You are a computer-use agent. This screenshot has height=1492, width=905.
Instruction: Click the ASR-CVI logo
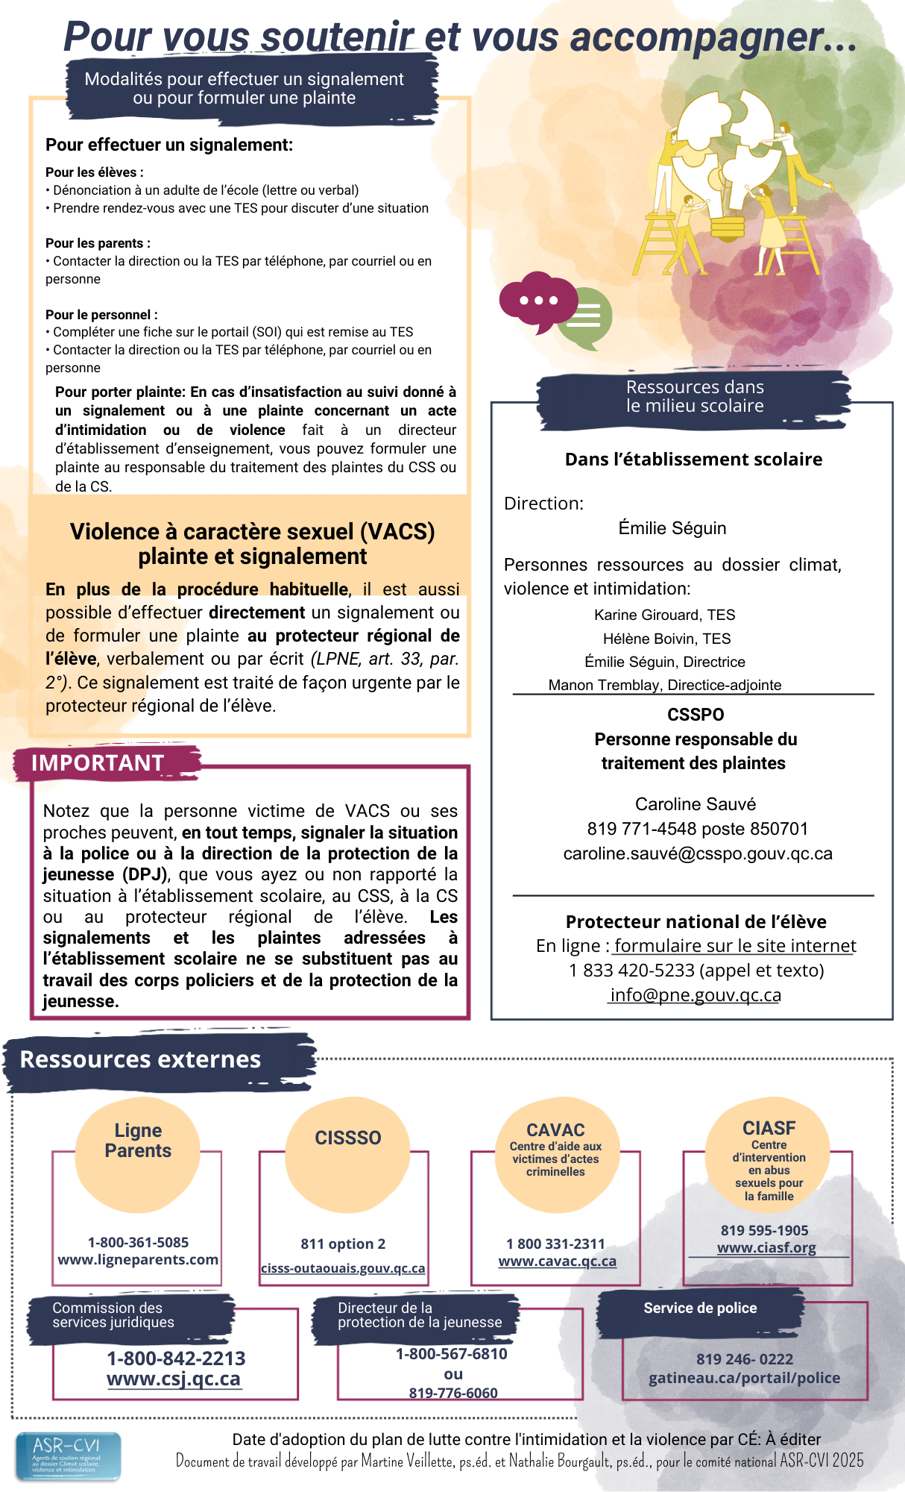(68, 1455)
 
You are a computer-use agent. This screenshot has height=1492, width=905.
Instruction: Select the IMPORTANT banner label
(98, 763)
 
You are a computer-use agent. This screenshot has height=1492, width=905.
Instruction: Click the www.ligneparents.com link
(138, 1260)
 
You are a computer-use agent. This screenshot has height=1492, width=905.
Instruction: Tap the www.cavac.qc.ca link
(557, 1261)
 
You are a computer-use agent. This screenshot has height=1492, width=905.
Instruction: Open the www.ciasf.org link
(766, 1248)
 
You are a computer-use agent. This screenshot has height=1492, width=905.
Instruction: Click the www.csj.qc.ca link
(174, 1379)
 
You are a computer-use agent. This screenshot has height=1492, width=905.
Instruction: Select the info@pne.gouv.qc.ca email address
(695, 995)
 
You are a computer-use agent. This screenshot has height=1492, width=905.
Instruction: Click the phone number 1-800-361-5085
(138, 1242)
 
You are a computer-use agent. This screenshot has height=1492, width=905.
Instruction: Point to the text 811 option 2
(343, 1244)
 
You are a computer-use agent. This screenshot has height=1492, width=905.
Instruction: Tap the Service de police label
(700, 1308)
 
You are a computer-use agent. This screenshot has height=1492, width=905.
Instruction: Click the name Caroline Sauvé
(695, 804)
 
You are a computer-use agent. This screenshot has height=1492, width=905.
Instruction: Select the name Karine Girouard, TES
(664, 615)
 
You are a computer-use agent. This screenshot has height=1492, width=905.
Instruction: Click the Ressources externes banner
(140, 1059)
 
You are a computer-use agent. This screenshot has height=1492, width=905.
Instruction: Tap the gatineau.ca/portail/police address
(744, 1378)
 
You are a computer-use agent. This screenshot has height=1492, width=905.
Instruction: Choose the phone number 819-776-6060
(453, 1393)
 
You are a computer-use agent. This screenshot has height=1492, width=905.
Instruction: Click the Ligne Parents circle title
(138, 1141)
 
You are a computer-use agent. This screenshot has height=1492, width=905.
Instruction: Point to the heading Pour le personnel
(101, 315)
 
